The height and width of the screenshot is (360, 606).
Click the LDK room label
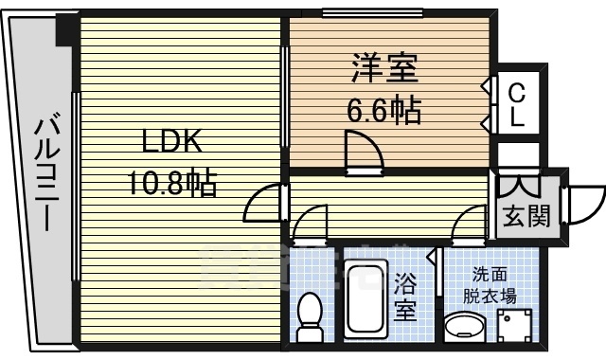171,144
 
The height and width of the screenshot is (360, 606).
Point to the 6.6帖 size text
383,112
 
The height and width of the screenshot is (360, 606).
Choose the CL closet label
516,105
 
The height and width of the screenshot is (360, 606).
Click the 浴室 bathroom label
406,297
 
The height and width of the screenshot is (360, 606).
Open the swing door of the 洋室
364,153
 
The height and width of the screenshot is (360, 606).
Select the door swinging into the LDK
265,203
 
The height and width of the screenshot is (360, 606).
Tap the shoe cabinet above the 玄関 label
517,184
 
